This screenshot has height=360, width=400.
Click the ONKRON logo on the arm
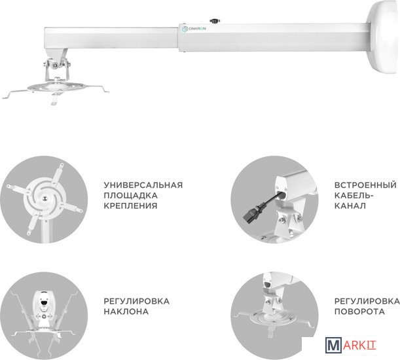(x=194, y=29)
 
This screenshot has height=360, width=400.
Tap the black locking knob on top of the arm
(x=215, y=21)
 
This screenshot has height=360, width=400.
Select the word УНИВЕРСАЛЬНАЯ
(x=143, y=185)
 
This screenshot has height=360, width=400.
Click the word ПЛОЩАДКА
(x=130, y=196)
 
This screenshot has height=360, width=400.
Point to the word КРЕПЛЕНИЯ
(x=130, y=206)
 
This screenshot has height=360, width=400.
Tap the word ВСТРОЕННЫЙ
(x=365, y=185)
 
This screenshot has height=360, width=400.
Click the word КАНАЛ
(x=350, y=206)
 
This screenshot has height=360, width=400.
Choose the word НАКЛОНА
(x=126, y=312)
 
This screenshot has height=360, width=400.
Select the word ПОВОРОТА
(x=359, y=312)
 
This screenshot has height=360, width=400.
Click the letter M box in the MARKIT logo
(x=333, y=345)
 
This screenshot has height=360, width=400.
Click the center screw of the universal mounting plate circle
(x=45, y=198)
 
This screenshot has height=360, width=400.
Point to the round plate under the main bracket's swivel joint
(x=56, y=87)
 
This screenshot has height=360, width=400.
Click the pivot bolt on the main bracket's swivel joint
(x=54, y=65)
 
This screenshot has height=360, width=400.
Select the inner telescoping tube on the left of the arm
(x=111, y=38)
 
